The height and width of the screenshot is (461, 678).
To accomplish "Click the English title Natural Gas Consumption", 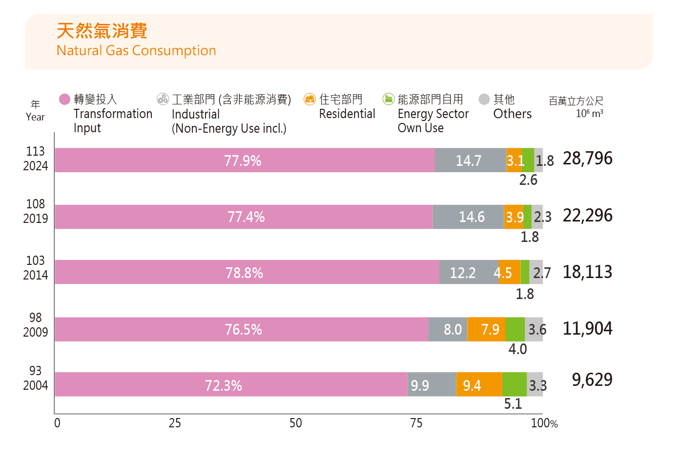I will point(136,51).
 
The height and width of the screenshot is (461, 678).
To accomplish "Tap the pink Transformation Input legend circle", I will point(64,100).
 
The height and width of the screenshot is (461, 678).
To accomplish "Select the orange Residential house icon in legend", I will point(309,100).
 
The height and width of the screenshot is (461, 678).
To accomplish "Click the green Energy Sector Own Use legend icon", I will point(388,100).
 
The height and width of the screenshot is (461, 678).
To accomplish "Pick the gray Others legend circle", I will point(484,100).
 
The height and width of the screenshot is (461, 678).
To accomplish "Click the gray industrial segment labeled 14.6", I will point(469,217).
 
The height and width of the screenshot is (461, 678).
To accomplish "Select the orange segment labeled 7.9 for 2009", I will point(486,330).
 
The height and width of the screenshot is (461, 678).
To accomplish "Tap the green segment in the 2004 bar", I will point(514,385).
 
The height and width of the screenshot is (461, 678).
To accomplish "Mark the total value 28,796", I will point(587,159).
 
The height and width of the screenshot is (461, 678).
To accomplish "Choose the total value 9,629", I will point(592,380).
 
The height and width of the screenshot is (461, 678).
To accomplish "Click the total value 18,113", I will point(587,272).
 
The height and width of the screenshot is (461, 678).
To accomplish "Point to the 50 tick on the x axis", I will point(295,423).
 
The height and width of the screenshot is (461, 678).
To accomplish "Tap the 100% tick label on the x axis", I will point(544,423).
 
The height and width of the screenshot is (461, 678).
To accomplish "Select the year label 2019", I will point(36,219).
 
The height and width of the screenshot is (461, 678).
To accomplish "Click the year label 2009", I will point(36,332).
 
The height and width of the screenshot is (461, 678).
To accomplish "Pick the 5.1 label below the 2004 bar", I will point(513,404).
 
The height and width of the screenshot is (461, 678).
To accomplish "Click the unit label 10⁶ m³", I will point(589,114).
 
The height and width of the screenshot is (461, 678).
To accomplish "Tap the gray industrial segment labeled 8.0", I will point(448,330).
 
